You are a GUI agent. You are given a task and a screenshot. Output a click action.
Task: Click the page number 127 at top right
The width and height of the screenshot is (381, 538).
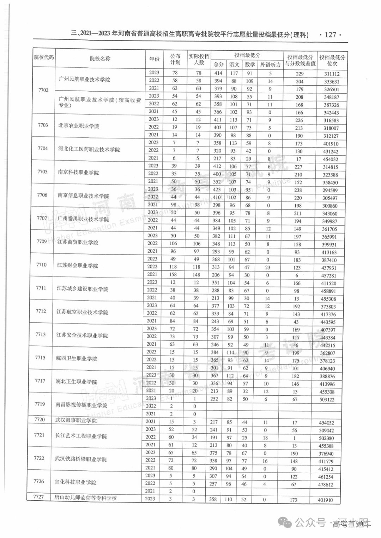tap(332, 35)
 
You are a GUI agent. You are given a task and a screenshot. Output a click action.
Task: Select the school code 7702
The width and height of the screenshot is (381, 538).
tap(43, 90)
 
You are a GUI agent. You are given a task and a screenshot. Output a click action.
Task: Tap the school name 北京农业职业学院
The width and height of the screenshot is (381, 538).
tap(79, 126)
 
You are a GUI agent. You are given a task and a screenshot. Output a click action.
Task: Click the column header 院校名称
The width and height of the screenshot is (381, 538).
tap(100, 58)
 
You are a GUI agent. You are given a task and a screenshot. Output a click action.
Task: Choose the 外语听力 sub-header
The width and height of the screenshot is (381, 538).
tap(270, 64)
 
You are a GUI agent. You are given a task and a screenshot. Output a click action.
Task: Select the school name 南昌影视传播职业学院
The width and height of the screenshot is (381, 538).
tap(81, 406)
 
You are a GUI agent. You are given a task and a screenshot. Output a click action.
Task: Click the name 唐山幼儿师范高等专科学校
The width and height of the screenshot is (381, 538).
tap(86, 498)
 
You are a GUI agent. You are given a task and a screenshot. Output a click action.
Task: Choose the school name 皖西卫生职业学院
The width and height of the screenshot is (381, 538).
tap(77, 359)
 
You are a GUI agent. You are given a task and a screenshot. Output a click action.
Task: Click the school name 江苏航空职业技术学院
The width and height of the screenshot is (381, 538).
tap(82, 312)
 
